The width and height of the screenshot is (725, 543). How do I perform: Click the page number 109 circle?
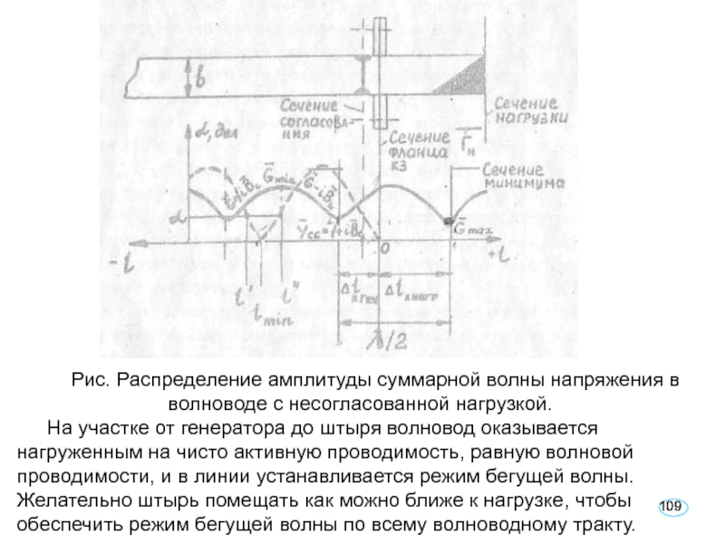[x=671, y=504]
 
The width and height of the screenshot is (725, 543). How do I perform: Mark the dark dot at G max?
[x=448, y=222]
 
